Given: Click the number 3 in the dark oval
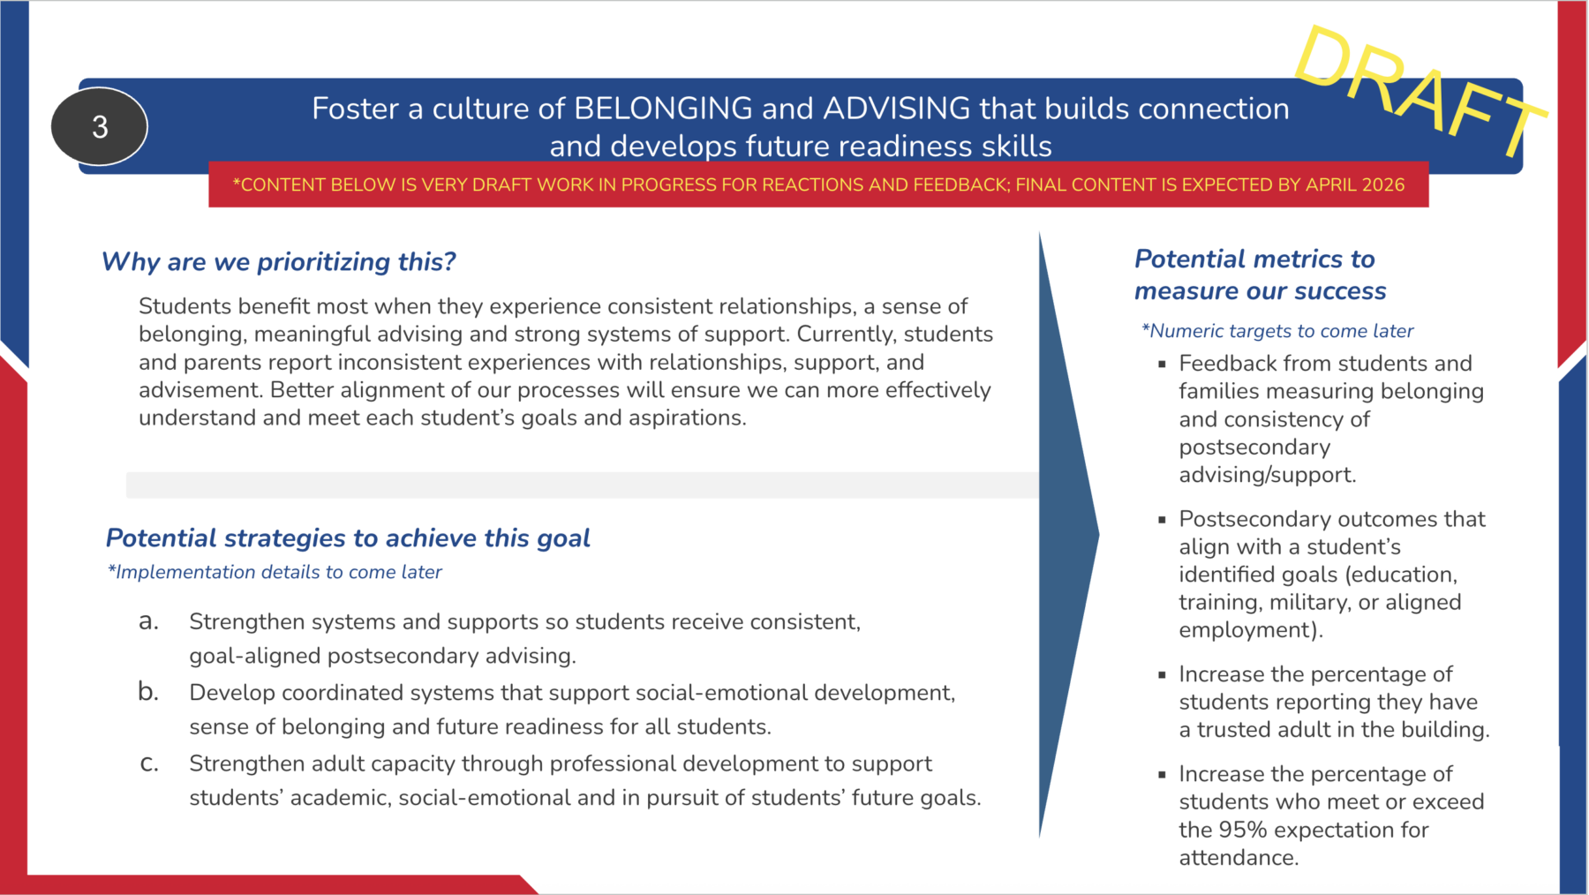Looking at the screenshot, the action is (100, 127).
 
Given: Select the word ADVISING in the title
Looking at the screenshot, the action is (897, 109).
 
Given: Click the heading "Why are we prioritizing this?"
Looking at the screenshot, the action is (279, 262).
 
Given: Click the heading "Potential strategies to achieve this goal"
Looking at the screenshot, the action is (348, 538).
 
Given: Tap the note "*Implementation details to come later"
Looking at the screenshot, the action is (275, 572).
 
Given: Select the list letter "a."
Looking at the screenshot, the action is (149, 622).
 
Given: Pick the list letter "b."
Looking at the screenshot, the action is (148, 692).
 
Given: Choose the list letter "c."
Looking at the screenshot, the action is (149, 763).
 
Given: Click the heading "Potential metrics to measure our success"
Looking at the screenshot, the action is (1261, 275).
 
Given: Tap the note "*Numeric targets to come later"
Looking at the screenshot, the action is (1277, 331).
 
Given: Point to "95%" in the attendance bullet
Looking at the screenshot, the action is (1244, 830).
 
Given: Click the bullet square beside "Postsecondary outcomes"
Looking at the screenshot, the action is (1162, 520).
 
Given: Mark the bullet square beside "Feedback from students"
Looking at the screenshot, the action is (1162, 364).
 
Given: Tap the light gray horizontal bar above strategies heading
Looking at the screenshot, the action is (583, 485).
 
